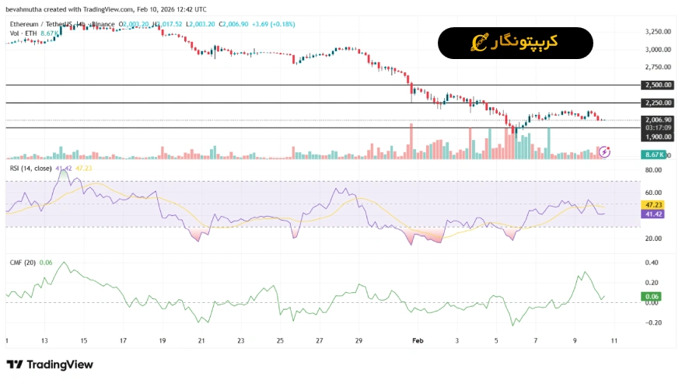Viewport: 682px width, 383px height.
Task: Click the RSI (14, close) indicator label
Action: tap(31, 168)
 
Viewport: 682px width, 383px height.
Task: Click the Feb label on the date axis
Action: tap(418, 340)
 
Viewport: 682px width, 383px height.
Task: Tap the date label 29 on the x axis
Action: tap(358, 340)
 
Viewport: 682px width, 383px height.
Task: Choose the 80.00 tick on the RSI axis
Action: tap(653, 169)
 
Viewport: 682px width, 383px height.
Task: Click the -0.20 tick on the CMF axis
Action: tap(653, 322)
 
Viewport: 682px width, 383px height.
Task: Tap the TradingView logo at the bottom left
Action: tap(50, 364)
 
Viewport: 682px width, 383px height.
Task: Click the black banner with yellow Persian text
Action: tap(516, 43)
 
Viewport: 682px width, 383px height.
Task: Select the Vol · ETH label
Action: tap(24, 33)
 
